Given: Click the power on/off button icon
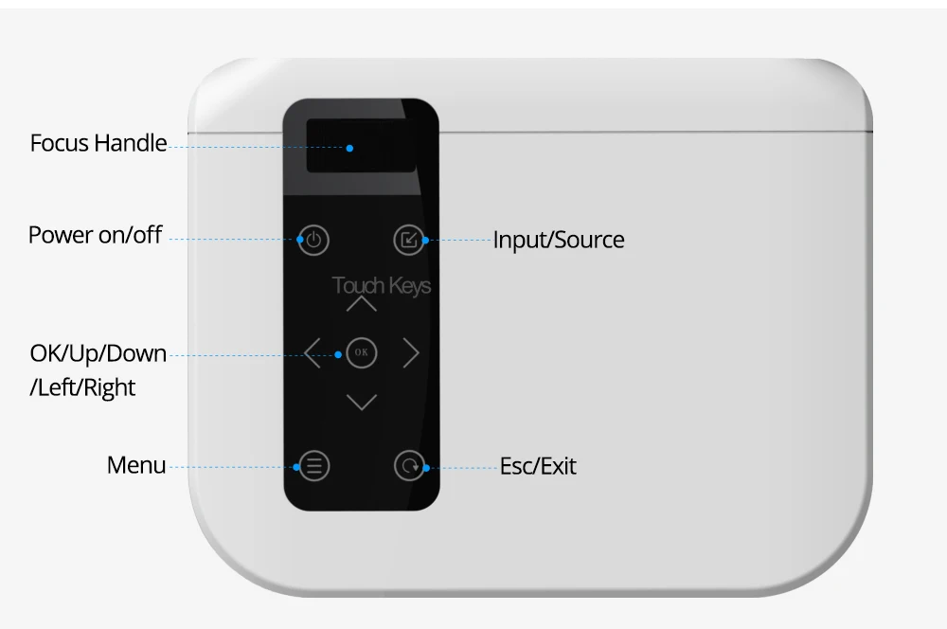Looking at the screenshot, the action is click(x=314, y=241).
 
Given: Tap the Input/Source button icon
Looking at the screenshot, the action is click(x=408, y=241).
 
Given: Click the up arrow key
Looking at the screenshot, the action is click(x=361, y=305).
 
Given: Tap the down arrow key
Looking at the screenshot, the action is click(x=361, y=403).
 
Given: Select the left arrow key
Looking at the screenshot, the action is click(x=312, y=353).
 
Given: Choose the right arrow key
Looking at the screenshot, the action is click(x=411, y=353).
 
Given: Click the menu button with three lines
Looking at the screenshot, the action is click(x=314, y=465).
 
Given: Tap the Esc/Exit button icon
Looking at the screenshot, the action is click(x=409, y=465).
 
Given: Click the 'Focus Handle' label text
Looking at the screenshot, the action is click(x=98, y=144).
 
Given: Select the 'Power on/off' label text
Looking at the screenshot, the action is click(x=95, y=235).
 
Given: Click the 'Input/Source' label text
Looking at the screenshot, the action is click(x=559, y=240).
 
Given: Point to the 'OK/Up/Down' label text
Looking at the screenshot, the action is click(x=98, y=354).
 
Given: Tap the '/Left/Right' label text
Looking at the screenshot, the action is click(x=82, y=387).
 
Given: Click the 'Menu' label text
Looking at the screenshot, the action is click(x=136, y=465).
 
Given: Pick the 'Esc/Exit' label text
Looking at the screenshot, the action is click(x=538, y=466).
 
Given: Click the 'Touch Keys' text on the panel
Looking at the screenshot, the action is click(x=382, y=285).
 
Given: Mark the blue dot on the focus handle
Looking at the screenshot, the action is click(x=349, y=148).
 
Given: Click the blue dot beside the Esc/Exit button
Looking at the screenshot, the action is click(x=426, y=467).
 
